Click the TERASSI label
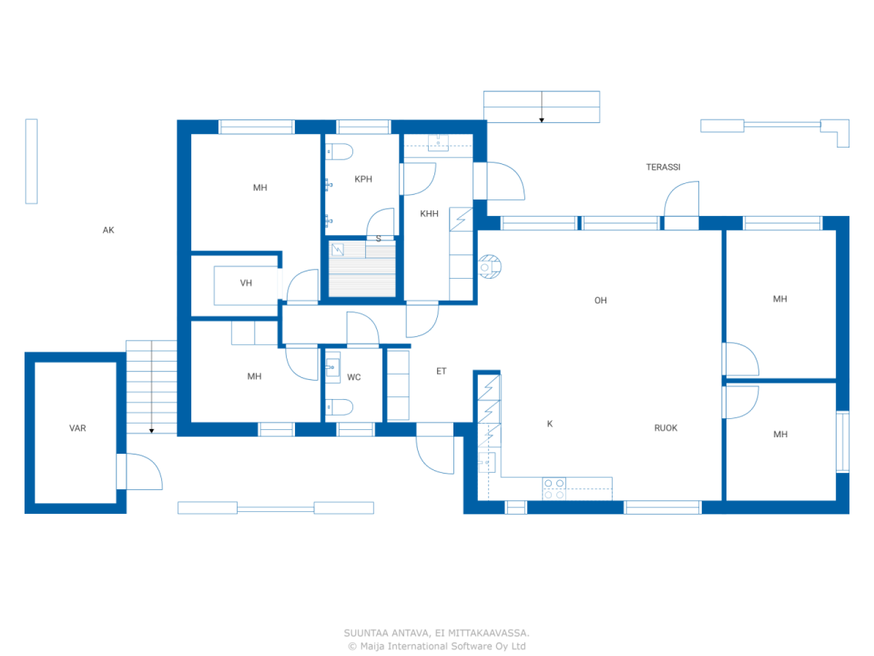pyautogui.click(x=663, y=167)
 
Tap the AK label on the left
pyautogui.click(x=109, y=230)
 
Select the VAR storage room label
pyautogui.click(x=78, y=428)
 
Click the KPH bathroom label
pyautogui.click(x=363, y=179)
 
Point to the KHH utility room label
pyautogui.click(x=429, y=214)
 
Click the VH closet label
pyautogui.click(x=246, y=283)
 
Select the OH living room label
pyautogui.click(x=600, y=301)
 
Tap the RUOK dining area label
pyautogui.click(x=666, y=428)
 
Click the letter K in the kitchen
pyautogui.click(x=550, y=424)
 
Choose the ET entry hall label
pyautogui.click(x=441, y=371)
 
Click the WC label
pyautogui.click(x=354, y=377)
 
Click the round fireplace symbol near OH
pyautogui.click(x=489, y=266)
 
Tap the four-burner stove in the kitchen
pyautogui.click(x=554, y=489)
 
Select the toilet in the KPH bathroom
pyautogui.click(x=339, y=152)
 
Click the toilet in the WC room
pyautogui.click(x=339, y=408)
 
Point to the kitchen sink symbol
pyautogui.click(x=486, y=463)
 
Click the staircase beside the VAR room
pyautogui.click(x=151, y=386)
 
